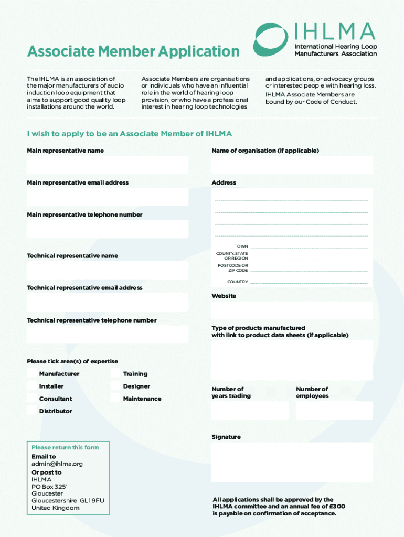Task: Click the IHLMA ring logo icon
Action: click(x=270, y=39)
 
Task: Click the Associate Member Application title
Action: click(x=133, y=51)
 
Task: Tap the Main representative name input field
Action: click(x=108, y=165)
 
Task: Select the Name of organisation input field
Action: click(x=292, y=165)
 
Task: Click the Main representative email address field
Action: click(x=108, y=197)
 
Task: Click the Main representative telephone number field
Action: click(x=108, y=229)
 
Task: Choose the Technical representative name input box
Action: click(x=108, y=270)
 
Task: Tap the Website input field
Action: click(x=292, y=310)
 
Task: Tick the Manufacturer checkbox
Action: click(x=32, y=373)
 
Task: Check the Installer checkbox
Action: click(x=32, y=386)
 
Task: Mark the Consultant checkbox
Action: click(x=32, y=399)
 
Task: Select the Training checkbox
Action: click(x=115, y=373)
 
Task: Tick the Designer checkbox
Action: click(x=115, y=386)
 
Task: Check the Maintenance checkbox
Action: click(x=115, y=399)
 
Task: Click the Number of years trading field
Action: click(x=250, y=411)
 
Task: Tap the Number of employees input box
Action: click(x=334, y=411)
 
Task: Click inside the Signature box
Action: click(x=292, y=462)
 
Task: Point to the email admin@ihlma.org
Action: click(x=57, y=464)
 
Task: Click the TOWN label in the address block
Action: click(x=241, y=246)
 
